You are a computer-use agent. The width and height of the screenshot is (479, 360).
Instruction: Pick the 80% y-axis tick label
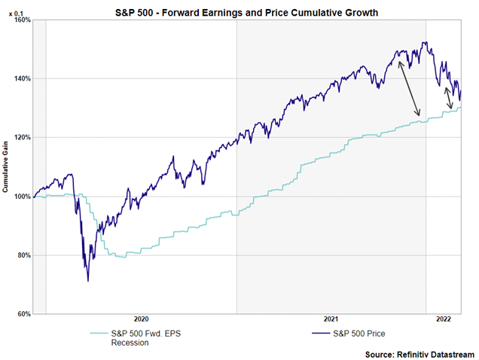point(22,255)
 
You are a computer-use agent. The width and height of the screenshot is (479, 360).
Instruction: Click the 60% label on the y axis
point(22,314)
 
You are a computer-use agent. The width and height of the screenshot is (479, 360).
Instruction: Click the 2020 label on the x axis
point(142,319)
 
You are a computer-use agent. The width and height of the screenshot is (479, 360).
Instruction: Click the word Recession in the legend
point(130,343)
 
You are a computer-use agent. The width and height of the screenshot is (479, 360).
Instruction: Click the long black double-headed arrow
point(409,89)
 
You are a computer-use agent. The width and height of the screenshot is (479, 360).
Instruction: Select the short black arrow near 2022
point(449,98)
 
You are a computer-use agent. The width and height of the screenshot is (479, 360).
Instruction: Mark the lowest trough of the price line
point(88,281)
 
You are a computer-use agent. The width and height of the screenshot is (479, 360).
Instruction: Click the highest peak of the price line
point(426,42)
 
